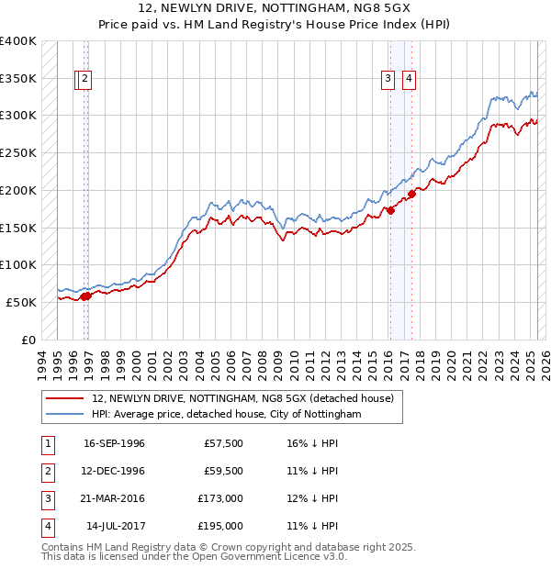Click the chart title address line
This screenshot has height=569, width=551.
(275, 8)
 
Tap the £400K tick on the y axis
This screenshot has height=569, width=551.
(18, 41)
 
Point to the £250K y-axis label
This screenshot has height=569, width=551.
(18, 152)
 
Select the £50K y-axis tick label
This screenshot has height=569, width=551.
(22, 301)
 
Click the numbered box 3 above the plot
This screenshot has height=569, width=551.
(388, 80)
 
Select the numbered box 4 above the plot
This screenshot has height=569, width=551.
(408, 80)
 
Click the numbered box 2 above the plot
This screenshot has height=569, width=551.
(84, 80)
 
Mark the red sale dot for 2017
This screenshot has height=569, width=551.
(411, 194)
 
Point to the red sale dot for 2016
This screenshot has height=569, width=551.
(390, 210)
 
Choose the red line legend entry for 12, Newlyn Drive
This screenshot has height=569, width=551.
(242, 398)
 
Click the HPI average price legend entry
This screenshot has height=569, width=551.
(227, 414)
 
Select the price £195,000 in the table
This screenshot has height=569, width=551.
(220, 526)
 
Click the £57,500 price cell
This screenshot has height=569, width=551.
(223, 443)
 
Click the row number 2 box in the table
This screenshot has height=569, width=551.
(45, 471)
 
